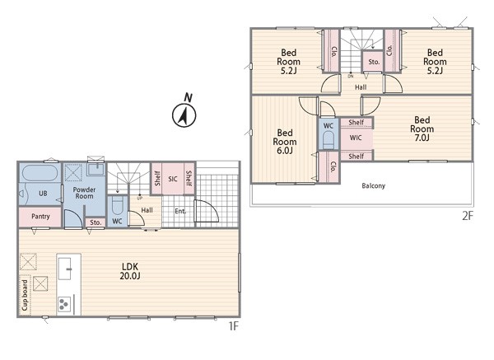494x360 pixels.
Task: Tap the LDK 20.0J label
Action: tap(130, 271)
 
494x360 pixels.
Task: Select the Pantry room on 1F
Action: tap(40, 217)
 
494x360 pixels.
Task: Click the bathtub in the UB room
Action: tap(40, 173)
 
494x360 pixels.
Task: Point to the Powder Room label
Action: tap(84, 193)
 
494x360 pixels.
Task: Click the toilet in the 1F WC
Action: tap(117, 205)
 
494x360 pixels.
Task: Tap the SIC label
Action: tap(173, 179)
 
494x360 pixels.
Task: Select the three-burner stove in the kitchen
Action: tap(64, 305)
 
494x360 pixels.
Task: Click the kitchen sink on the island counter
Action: tap(65, 269)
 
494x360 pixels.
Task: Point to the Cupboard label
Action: tap(25, 295)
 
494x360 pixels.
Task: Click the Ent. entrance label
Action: tap(179, 211)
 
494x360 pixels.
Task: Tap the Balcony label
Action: tap(373, 185)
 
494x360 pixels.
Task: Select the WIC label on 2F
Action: tap(356, 138)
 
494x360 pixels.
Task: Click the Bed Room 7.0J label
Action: tap(422, 129)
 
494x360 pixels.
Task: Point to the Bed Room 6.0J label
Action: tap(285, 142)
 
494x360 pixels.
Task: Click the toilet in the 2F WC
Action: tap(329, 140)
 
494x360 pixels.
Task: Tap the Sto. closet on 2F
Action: tap(374, 62)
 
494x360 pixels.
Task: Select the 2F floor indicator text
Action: tap(468, 216)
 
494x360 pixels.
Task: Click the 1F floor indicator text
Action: tap(233, 326)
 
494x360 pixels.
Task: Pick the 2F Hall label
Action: tap(361, 87)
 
